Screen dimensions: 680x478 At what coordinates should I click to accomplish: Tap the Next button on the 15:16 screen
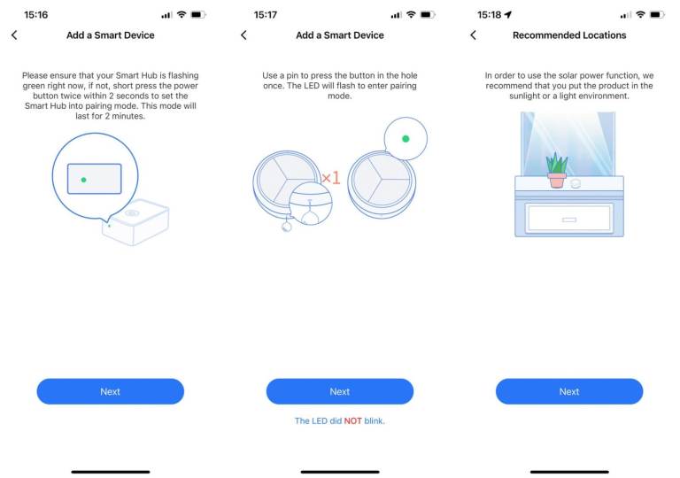pyautogui.click(x=110, y=391)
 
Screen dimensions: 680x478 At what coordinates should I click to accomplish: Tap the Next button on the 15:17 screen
pyautogui.click(x=340, y=391)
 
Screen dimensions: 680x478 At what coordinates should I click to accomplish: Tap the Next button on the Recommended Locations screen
pyautogui.click(x=569, y=391)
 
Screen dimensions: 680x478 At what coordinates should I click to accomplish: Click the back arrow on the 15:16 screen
pyautogui.click(x=14, y=35)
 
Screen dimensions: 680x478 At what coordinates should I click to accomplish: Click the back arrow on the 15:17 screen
pyautogui.click(x=243, y=35)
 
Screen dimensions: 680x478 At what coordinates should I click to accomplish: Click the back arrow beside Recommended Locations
pyautogui.click(x=473, y=35)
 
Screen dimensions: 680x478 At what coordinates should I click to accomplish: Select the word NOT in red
pyautogui.click(x=352, y=420)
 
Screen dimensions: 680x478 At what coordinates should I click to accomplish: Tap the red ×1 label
pyautogui.click(x=331, y=177)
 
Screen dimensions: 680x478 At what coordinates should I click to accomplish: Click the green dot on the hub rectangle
pyautogui.click(x=84, y=180)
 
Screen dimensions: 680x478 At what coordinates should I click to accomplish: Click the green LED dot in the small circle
pyautogui.click(x=406, y=139)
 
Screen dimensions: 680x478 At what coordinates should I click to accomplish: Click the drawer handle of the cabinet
pyautogui.click(x=569, y=220)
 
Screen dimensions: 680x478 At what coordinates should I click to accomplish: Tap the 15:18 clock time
pyautogui.click(x=489, y=15)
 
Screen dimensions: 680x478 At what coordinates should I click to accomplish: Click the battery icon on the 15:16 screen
pyautogui.click(x=198, y=15)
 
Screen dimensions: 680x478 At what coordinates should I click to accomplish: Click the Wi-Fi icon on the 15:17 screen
pyautogui.click(x=411, y=15)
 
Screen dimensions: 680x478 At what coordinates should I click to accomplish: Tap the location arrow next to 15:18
pyautogui.click(x=508, y=15)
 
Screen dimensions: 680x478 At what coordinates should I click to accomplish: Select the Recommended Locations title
pyautogui.click(x=569, y=35)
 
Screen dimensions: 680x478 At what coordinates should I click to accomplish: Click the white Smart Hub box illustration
pyautogui.click(x=135, y=222)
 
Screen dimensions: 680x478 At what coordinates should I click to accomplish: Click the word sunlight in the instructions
pyautogui.click(x=524, y=96)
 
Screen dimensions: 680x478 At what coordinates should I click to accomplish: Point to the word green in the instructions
pyautogui.click(x=35, y=86)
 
